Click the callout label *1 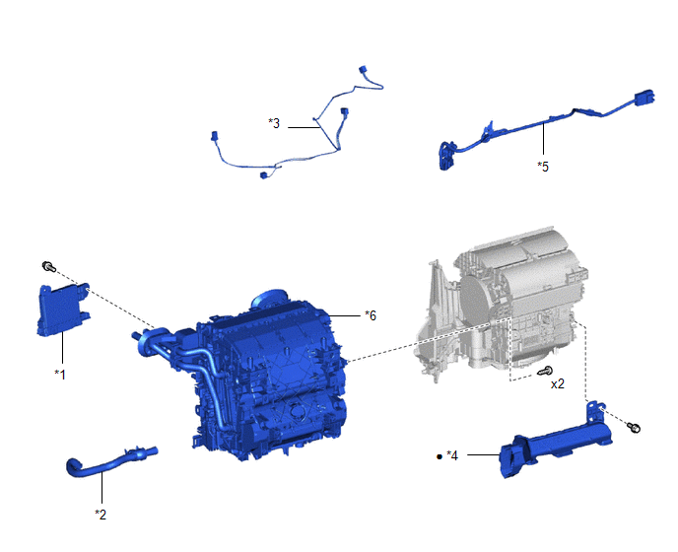60,375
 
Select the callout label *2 101,515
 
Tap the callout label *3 274,123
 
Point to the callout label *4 452,455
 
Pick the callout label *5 543,167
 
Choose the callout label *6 371,315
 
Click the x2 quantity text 558,383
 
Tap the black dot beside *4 440,456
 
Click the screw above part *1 48,266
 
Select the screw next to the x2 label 545,371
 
